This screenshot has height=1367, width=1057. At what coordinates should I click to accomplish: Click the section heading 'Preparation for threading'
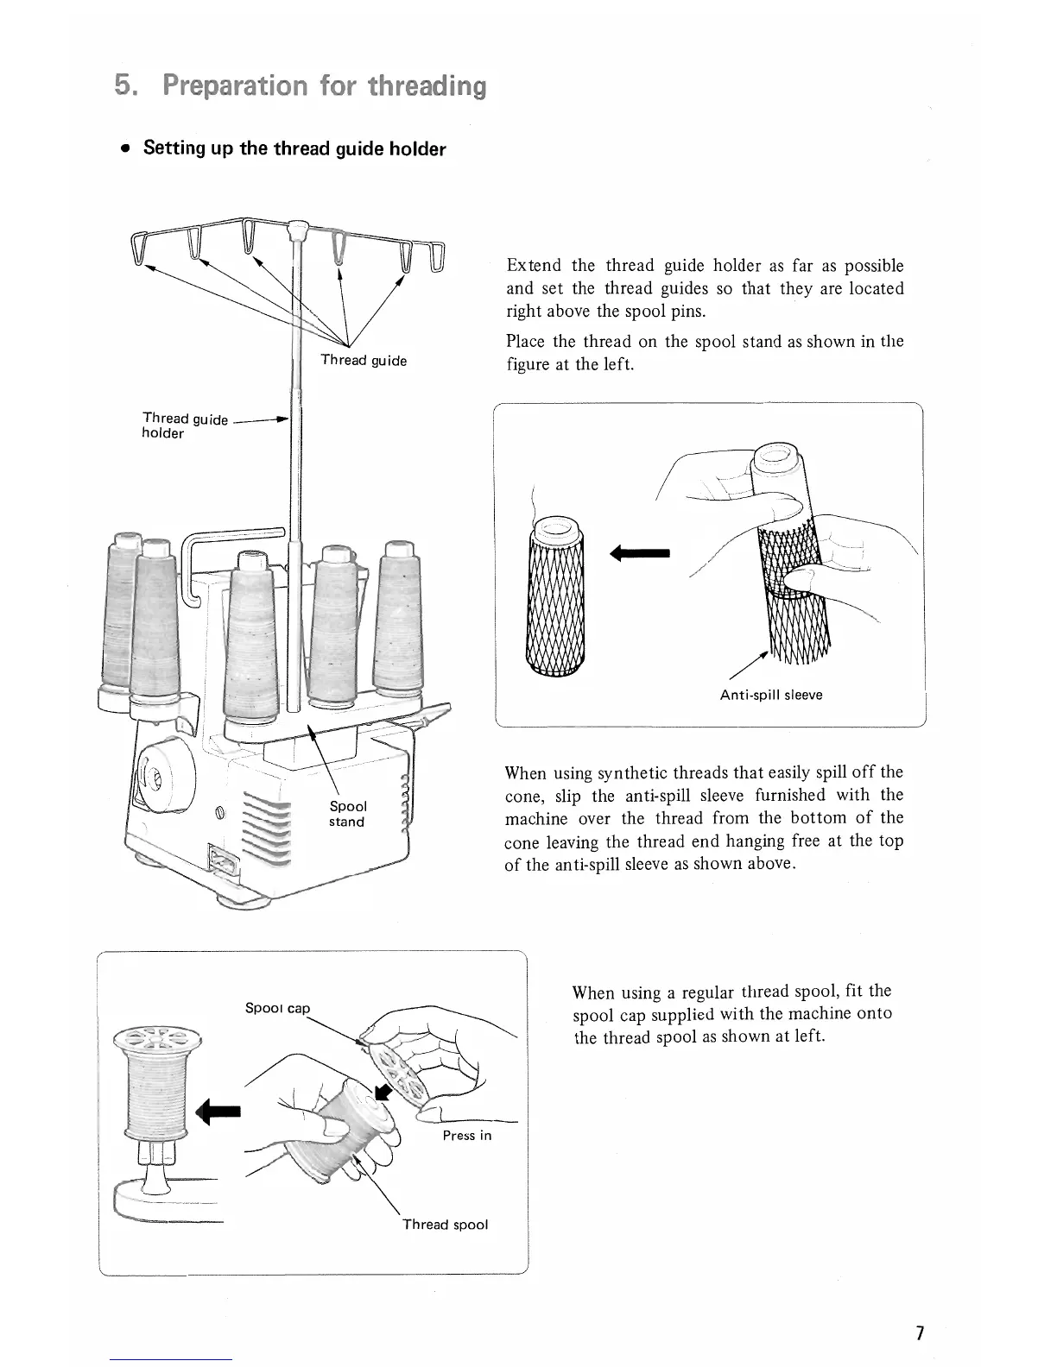301,86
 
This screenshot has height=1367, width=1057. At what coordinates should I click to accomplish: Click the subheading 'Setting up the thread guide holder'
294,148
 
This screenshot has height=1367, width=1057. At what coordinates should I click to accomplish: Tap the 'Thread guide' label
364,361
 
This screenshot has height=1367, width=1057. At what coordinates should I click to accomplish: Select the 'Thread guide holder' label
184,425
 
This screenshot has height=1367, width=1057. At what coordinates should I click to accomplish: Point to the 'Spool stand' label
347,814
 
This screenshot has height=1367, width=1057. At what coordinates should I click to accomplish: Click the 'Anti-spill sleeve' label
770,695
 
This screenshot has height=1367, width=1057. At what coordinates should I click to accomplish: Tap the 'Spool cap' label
277,1008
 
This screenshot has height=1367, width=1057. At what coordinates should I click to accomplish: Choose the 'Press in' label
466,1136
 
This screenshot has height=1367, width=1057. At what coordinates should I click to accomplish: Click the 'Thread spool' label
445,1225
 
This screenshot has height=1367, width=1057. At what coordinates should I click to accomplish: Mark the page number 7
920,1333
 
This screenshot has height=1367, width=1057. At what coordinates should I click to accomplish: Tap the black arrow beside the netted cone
639,552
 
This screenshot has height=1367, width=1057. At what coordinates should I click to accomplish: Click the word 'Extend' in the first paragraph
535,266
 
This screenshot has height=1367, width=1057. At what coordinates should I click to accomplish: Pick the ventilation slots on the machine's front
268,834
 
